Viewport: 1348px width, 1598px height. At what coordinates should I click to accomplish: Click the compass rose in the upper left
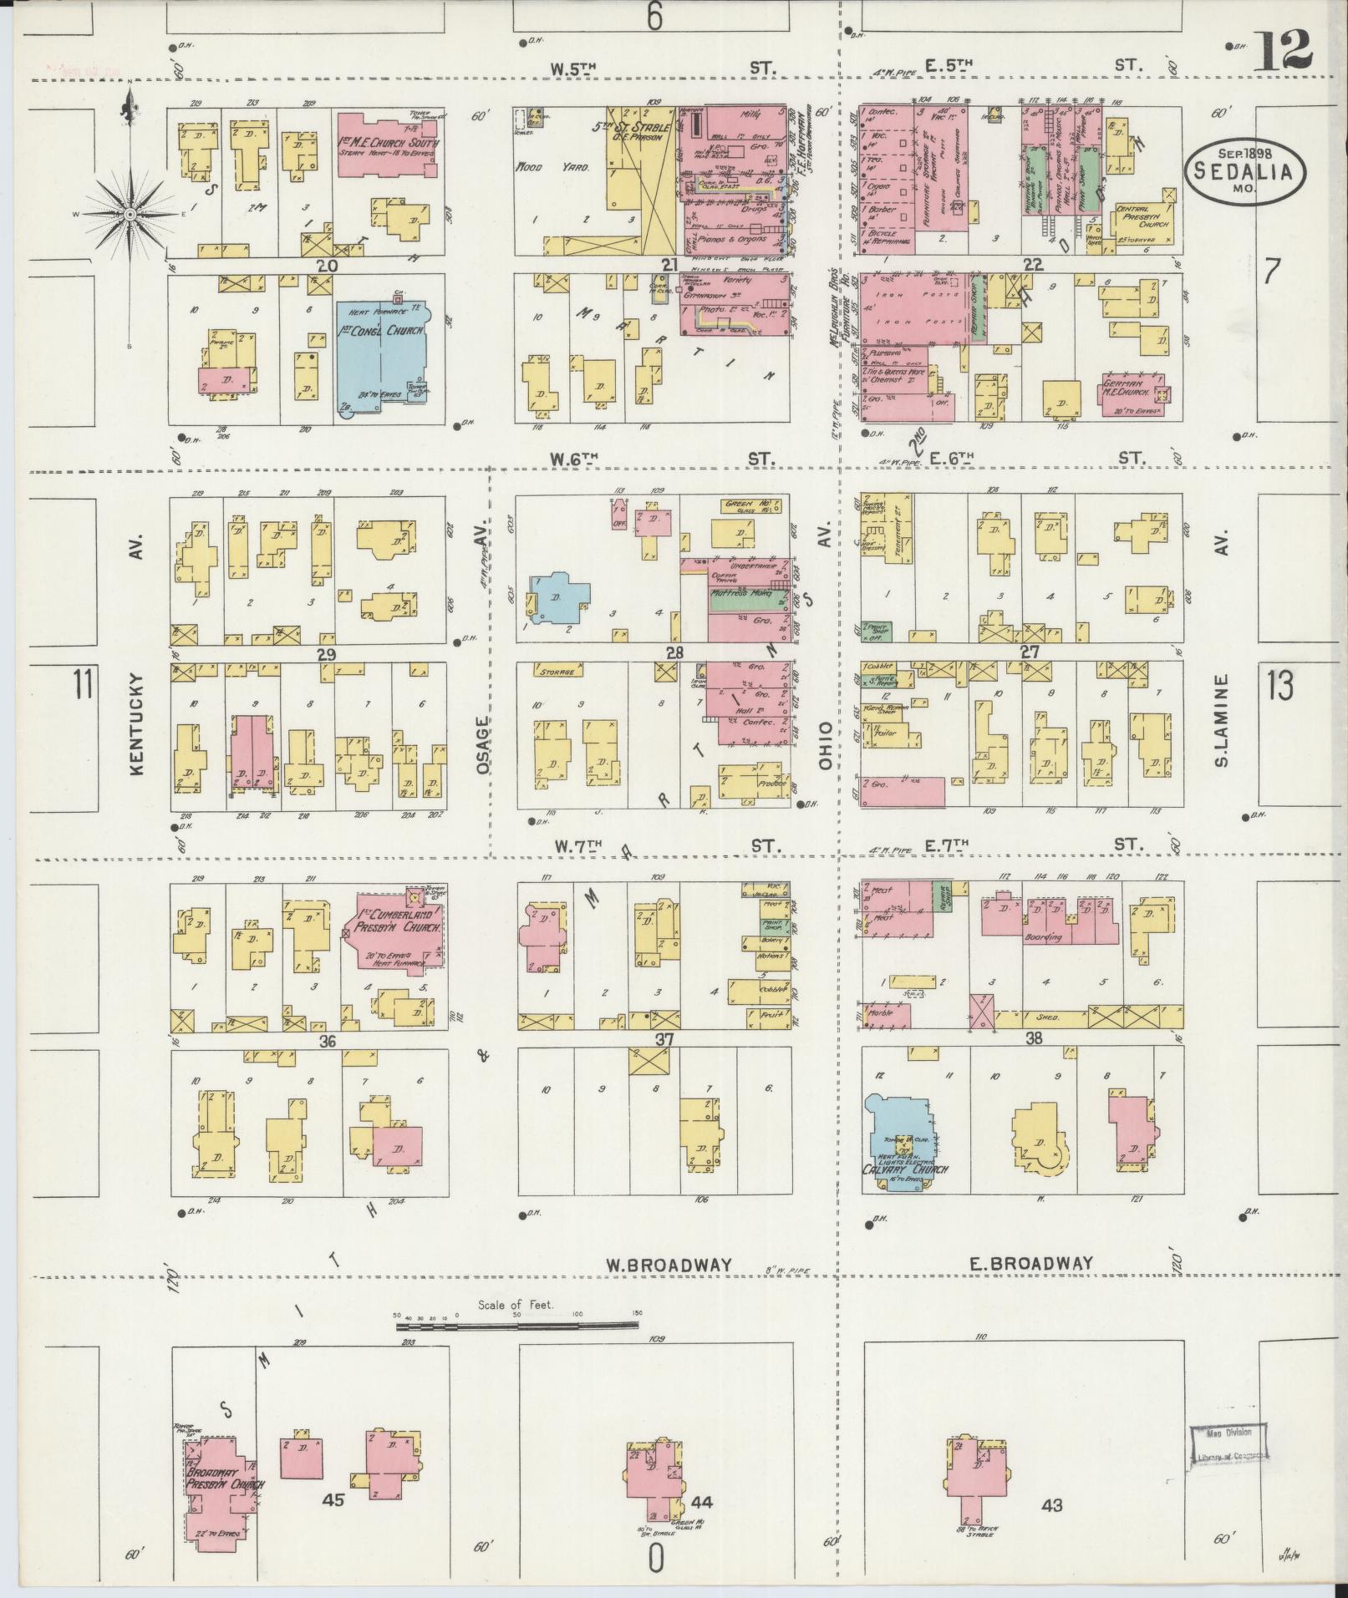tap(130, 215)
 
